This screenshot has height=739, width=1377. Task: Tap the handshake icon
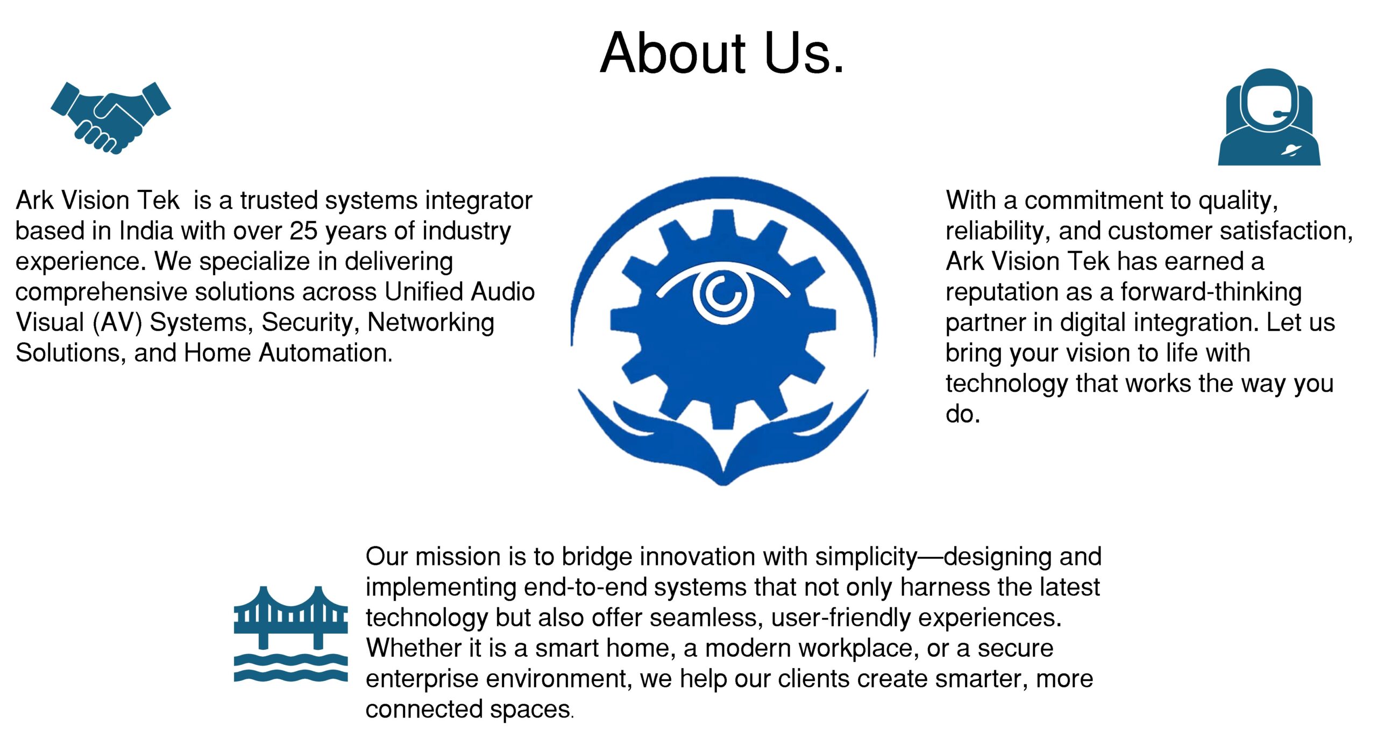111,118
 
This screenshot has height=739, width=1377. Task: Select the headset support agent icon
1269,117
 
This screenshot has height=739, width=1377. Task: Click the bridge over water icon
290,634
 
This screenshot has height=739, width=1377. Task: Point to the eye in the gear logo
723,293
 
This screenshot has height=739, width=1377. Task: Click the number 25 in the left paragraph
304,231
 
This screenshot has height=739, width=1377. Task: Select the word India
146,231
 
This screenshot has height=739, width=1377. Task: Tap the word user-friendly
841,618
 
